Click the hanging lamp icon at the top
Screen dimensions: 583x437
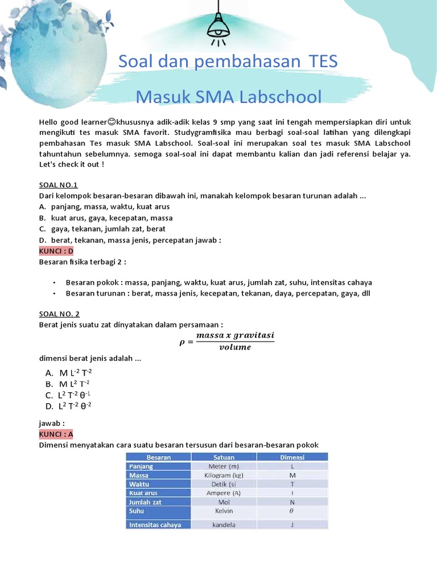(x=218, y=26)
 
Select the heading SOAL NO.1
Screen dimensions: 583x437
(x=58, y=185)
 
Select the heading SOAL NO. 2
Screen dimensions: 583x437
(x=59, y=314)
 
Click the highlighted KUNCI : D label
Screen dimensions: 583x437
(x=56, y=251)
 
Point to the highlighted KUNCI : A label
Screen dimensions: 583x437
(x=56, y=434)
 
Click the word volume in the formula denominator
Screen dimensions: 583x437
(x=234, y=347)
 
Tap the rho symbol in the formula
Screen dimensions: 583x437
(x=183, y=342)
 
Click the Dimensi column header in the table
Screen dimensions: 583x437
(x=292, y=457)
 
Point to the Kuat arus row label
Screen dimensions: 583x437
(x=143, y=493)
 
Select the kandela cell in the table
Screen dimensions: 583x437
(x=224, y=525)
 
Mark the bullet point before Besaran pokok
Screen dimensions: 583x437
(x=53, y=282)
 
